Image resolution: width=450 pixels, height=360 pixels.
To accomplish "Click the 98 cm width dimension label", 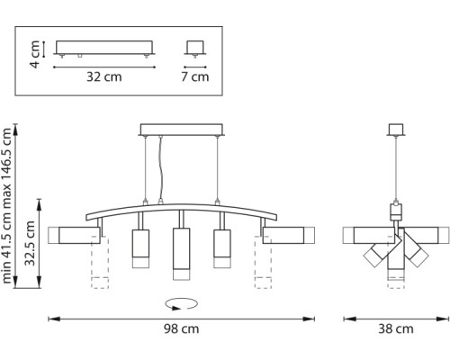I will click(x=183, y=329).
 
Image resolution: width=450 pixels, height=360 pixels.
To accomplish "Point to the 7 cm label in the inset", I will click(x=194, y=76).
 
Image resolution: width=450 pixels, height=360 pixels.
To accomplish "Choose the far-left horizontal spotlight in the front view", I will click(x=76, y=236).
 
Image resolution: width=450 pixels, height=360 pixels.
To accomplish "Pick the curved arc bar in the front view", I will click(x=182, y=208).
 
